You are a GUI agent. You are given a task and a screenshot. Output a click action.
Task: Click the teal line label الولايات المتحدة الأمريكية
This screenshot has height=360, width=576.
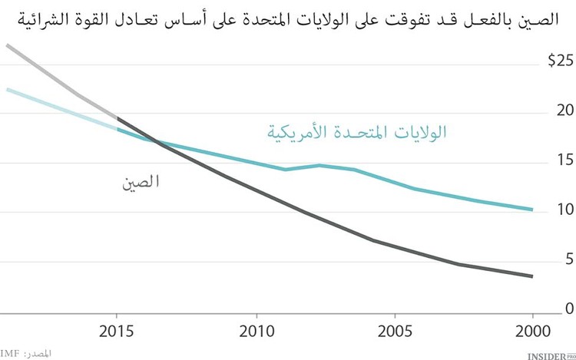point(357,131)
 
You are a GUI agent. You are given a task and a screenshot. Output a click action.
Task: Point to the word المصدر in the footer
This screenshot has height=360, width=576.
point(41,352)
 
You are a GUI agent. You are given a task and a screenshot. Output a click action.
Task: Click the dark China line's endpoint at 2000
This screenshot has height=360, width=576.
point(531,276)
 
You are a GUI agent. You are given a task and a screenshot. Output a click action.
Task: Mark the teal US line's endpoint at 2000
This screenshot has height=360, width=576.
point(531,210)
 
